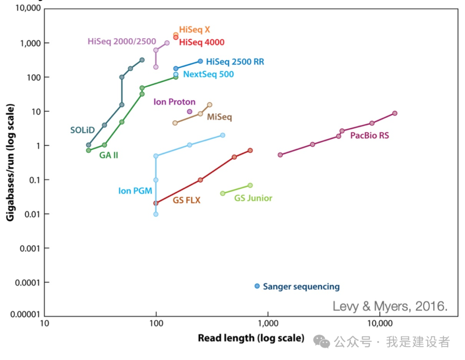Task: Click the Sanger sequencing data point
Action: point(257,286)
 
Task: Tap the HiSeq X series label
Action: point(195,30)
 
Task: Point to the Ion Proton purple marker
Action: point(189,111)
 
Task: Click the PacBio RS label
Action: point(369,135)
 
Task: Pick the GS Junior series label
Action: point(253,198)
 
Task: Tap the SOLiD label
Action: point(83,130)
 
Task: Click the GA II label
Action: point(108,155)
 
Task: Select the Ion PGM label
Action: point(135,191)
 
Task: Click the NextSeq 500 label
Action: point(208,74)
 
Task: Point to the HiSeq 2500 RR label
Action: point(235,62)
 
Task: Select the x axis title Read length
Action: point(251,338)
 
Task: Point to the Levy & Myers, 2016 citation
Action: point(390,306)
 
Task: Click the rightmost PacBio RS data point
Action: point(394,113)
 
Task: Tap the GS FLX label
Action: point(186,200)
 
